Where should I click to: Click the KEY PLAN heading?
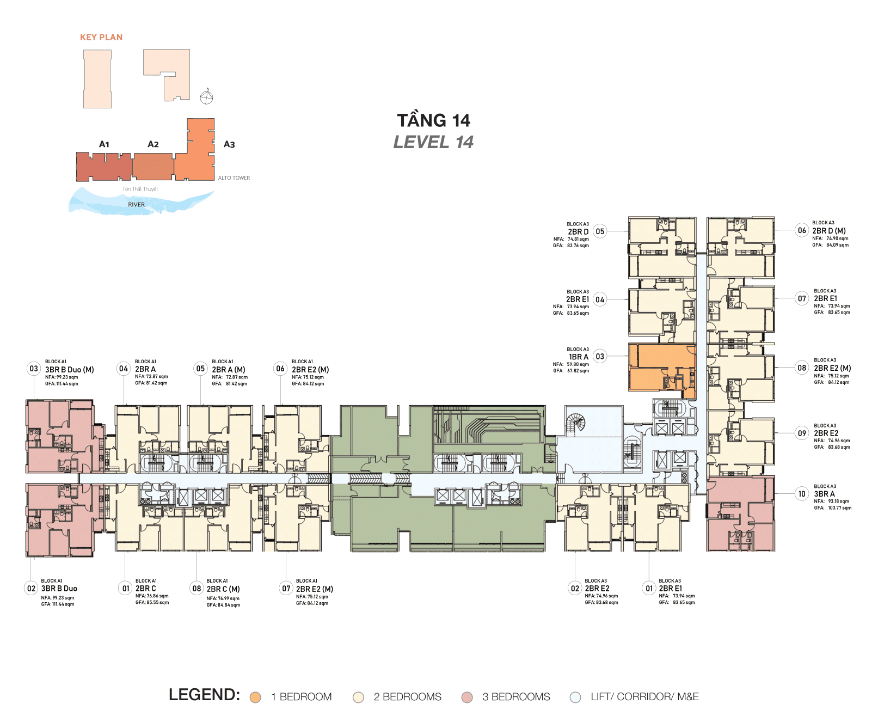101,37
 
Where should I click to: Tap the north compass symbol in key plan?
206,97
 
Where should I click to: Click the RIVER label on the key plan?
137,205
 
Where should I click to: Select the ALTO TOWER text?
234,178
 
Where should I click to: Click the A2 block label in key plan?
153,144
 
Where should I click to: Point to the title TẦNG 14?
433,120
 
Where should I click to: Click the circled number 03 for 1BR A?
600,357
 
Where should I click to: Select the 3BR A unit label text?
824,494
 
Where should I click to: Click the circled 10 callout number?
802,494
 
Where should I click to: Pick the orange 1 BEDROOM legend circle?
255,698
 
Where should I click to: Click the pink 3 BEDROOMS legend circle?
467,698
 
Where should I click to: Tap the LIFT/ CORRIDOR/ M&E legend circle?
575,698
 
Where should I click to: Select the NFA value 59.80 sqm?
578,364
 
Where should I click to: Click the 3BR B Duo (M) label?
70,370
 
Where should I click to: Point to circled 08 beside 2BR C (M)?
196,588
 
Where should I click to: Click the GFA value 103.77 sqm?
839,508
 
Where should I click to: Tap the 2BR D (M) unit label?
830,231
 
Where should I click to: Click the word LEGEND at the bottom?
204,695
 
